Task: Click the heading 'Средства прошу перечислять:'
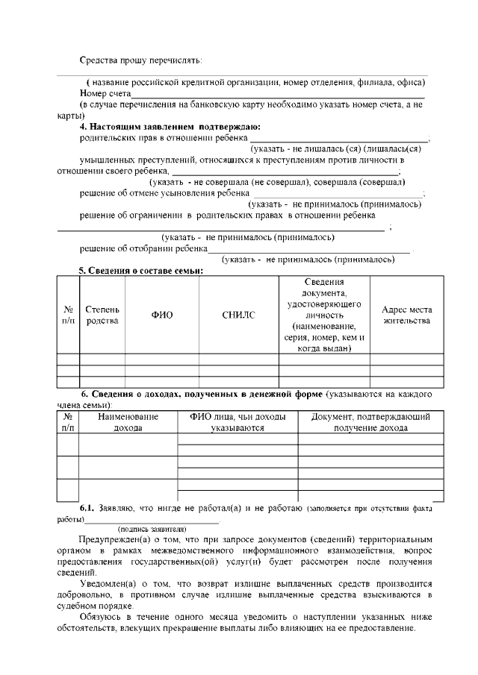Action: point(141,60)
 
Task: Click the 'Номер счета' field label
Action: point(105,95)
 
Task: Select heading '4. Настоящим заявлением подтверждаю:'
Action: point(170,127)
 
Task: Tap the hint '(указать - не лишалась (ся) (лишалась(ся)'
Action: point(336,148)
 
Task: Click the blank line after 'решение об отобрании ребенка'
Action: point(308,248)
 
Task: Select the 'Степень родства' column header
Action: point(102,315)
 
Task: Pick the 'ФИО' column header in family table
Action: point(162,315)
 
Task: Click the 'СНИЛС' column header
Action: point(238,315)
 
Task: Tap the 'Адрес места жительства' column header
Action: point(406,315)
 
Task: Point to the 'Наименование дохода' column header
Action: point(128,423)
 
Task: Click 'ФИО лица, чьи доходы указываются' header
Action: point(238,423)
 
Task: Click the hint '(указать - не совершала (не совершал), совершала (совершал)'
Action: point(277,182)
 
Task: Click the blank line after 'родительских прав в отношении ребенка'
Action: point(339,138)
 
